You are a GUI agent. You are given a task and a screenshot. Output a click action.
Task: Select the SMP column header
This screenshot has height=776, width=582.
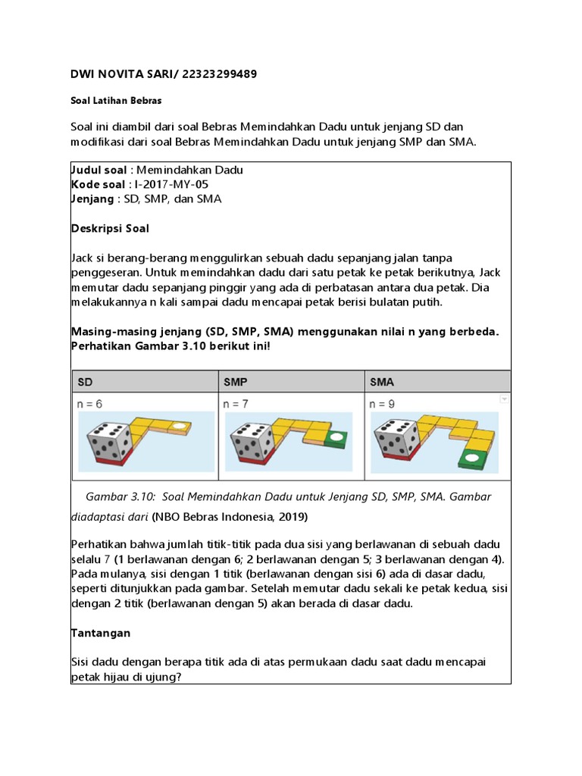click(234, 382)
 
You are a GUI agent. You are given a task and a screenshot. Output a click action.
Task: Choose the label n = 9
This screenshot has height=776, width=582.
click(382, 405)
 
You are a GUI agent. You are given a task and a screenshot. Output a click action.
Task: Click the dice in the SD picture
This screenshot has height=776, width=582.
click(108, 438)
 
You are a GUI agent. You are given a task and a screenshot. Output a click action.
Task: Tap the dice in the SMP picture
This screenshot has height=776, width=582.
click(254, 438)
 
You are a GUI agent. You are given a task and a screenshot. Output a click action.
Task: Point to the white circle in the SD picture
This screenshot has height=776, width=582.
click(179, 427)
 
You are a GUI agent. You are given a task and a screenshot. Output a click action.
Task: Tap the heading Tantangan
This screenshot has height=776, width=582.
click(101, 632)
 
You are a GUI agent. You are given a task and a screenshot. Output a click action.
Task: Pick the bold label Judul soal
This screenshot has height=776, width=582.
click(99, 170)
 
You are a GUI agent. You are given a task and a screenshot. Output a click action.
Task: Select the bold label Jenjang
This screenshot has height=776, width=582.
click(91, 199)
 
